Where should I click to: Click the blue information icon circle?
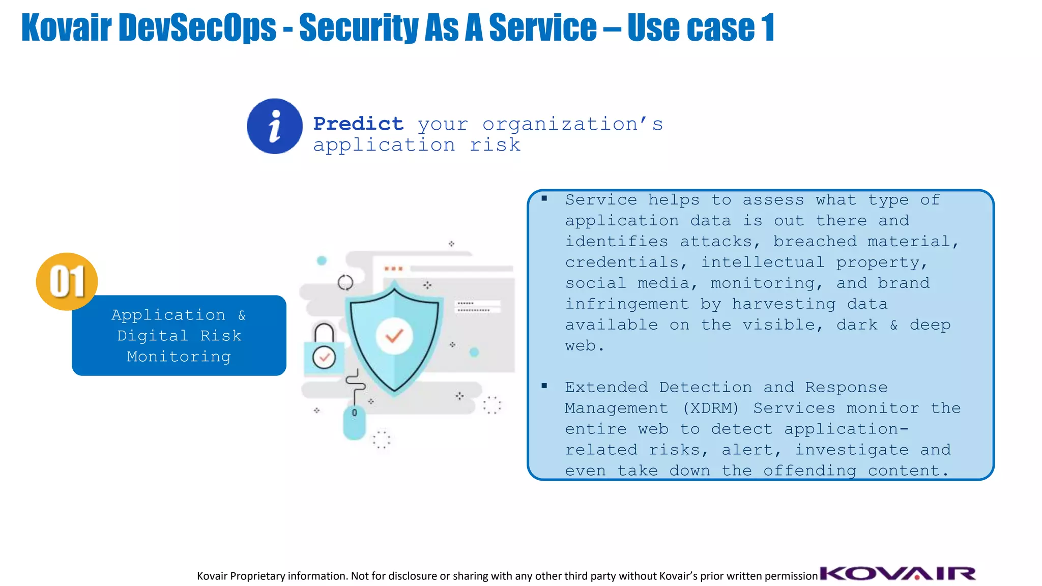(274, 126)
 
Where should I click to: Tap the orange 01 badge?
(67, 281)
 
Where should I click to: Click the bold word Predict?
(358, 124)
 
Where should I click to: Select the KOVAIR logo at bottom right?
(898, 573)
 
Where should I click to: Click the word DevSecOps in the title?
(197, 27)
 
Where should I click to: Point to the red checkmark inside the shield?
(394, 336)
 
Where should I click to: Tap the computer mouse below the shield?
(355, 422)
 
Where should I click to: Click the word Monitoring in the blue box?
(179, 356)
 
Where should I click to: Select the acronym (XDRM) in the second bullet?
(710, 408)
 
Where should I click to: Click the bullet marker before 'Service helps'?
(544, 199)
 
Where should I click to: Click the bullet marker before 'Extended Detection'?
(544, 386)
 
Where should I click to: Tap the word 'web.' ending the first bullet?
(584, 346)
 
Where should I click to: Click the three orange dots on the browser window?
(393, 268)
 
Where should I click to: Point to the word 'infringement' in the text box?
(626, 304)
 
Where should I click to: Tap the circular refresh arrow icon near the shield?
(345, 282)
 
